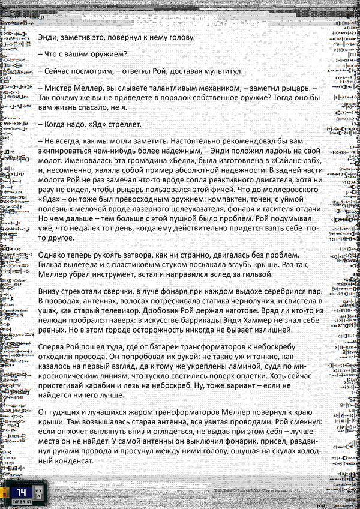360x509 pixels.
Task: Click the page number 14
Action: click(x=22, y=492)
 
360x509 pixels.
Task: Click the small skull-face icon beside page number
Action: click(x=38, y=494)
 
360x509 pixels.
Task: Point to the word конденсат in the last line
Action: click(x=66, y=461)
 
